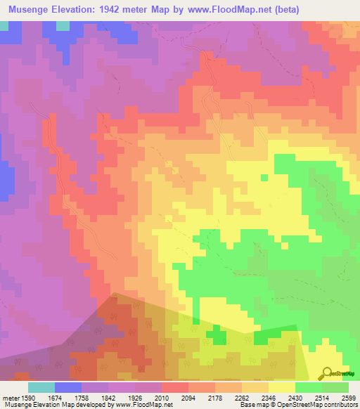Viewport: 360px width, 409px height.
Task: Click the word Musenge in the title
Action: [30, 10]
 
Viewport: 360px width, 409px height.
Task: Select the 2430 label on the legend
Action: [295, 397]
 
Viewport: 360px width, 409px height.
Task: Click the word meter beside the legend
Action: [10, 397]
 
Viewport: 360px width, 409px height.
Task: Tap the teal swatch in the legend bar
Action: [41, 387]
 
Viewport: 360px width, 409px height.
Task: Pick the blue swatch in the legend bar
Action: [68, 387]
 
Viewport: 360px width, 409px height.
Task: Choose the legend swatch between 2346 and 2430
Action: [281, 387]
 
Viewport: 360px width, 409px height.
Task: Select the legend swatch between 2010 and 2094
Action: [175, 387]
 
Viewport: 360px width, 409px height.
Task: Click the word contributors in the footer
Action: [338, 405]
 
